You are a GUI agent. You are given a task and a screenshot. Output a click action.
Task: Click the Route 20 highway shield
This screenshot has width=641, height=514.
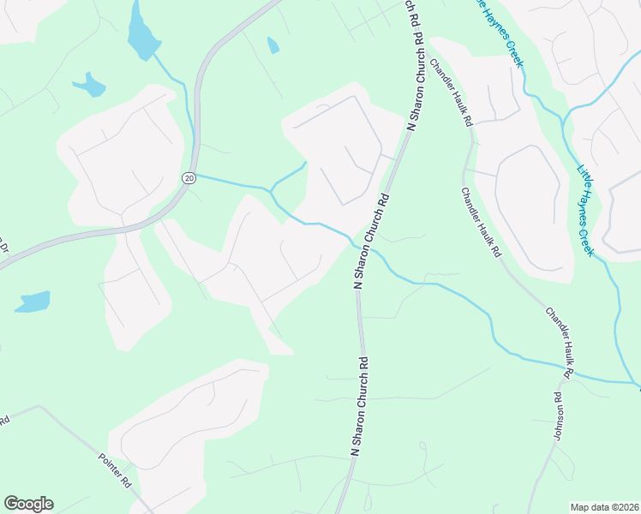[189, 177]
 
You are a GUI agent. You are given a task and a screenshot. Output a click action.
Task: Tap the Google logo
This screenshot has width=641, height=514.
[28, 504]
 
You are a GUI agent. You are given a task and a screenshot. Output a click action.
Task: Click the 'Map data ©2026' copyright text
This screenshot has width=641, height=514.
[604, 506]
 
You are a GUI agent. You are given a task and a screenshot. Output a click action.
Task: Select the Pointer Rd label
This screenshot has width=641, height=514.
[114, 469]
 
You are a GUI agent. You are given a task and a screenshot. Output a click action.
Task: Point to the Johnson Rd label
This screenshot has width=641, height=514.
[557, 416]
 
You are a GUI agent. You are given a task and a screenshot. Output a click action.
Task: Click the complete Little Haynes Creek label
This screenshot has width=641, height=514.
[585, 210]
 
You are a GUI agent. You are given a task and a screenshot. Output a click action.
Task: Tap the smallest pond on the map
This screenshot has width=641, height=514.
[273, 45]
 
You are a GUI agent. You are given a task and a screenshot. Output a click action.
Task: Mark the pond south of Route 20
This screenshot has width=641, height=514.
[33, 302]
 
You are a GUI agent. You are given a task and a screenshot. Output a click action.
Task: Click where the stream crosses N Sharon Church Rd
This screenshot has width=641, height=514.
[352, 242]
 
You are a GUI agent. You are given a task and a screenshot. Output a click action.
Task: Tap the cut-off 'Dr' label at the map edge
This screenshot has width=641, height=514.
[3, 247]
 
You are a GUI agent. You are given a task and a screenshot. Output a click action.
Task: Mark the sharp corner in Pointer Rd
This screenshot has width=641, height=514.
[39, 407]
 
